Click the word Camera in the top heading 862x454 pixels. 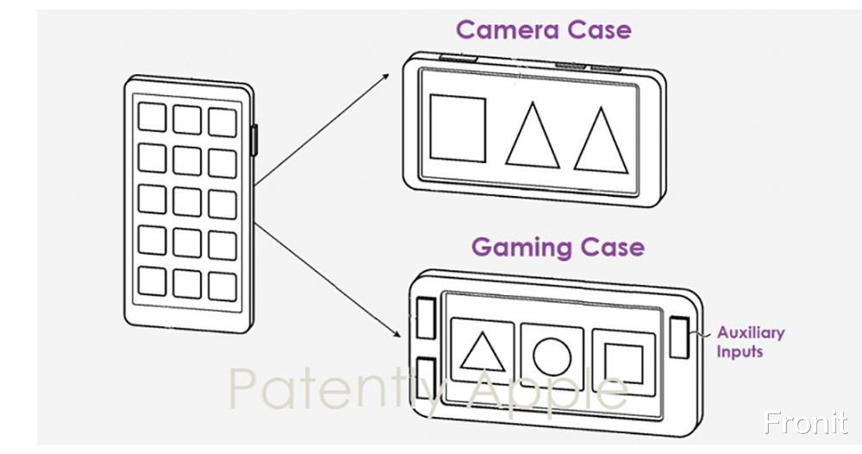click(x=507, y=29)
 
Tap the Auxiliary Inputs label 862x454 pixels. click(x=750, y=342)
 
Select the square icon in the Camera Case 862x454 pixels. click(x=458, y=129)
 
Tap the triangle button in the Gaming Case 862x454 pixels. click(x=483, y=352)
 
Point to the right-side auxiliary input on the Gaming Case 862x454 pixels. click(x=679, y=337)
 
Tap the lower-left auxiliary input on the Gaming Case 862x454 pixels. click(x=425, y=376)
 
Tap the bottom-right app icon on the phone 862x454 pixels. click(x=222, y=285)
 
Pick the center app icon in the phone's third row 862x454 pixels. click(x=187, y=201)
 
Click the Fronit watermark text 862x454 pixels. click(x=806, y=423)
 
